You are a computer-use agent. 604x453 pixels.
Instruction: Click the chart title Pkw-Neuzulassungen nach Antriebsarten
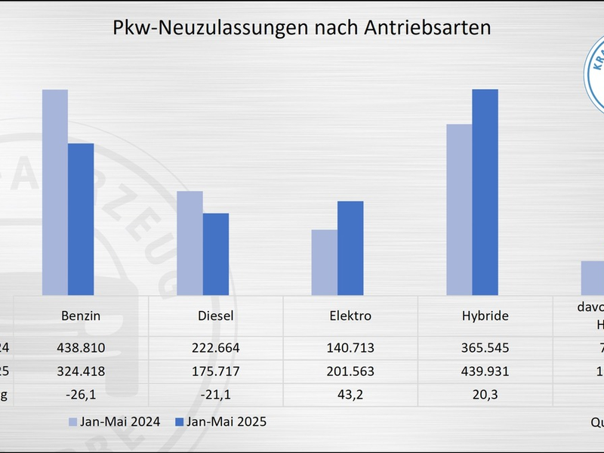(x=302, y=28)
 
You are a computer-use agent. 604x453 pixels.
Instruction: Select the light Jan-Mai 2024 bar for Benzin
(x=55, y=193)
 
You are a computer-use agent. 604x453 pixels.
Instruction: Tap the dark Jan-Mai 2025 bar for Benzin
(x=81, y=219)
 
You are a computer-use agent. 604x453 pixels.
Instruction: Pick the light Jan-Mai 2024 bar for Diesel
(x=190, y=243)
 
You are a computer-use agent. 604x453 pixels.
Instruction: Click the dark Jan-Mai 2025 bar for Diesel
(x=215, y=254)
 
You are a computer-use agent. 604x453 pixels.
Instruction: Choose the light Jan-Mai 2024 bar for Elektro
(x=325, y=262)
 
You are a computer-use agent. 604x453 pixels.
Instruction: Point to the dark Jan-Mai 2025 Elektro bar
(x=350, y=248)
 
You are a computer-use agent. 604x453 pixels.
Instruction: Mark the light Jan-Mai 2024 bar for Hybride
(x=459, y=209)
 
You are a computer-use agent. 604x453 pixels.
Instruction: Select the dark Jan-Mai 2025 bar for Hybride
(x=485, y=193)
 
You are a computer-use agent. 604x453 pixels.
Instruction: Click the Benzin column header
(x=81, y=316)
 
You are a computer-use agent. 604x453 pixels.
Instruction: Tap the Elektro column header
(x=350, y=316)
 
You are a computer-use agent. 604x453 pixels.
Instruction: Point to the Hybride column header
(x=485, y=316)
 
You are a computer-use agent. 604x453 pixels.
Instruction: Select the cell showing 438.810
(x=81, y=348)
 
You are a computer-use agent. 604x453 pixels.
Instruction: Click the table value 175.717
(x=215, y=371)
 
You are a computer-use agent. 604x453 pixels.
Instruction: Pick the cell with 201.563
(x=350, y=371)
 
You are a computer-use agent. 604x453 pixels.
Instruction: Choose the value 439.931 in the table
(x=485, y=371)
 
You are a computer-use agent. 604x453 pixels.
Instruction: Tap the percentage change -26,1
(x=81, y=395)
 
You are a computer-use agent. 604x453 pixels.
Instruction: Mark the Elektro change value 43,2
(x=350, y=395)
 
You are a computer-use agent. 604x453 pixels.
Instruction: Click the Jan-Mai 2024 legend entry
(x=114, y=421)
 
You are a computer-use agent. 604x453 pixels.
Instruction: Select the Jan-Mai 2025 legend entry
(x=220, y=421)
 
